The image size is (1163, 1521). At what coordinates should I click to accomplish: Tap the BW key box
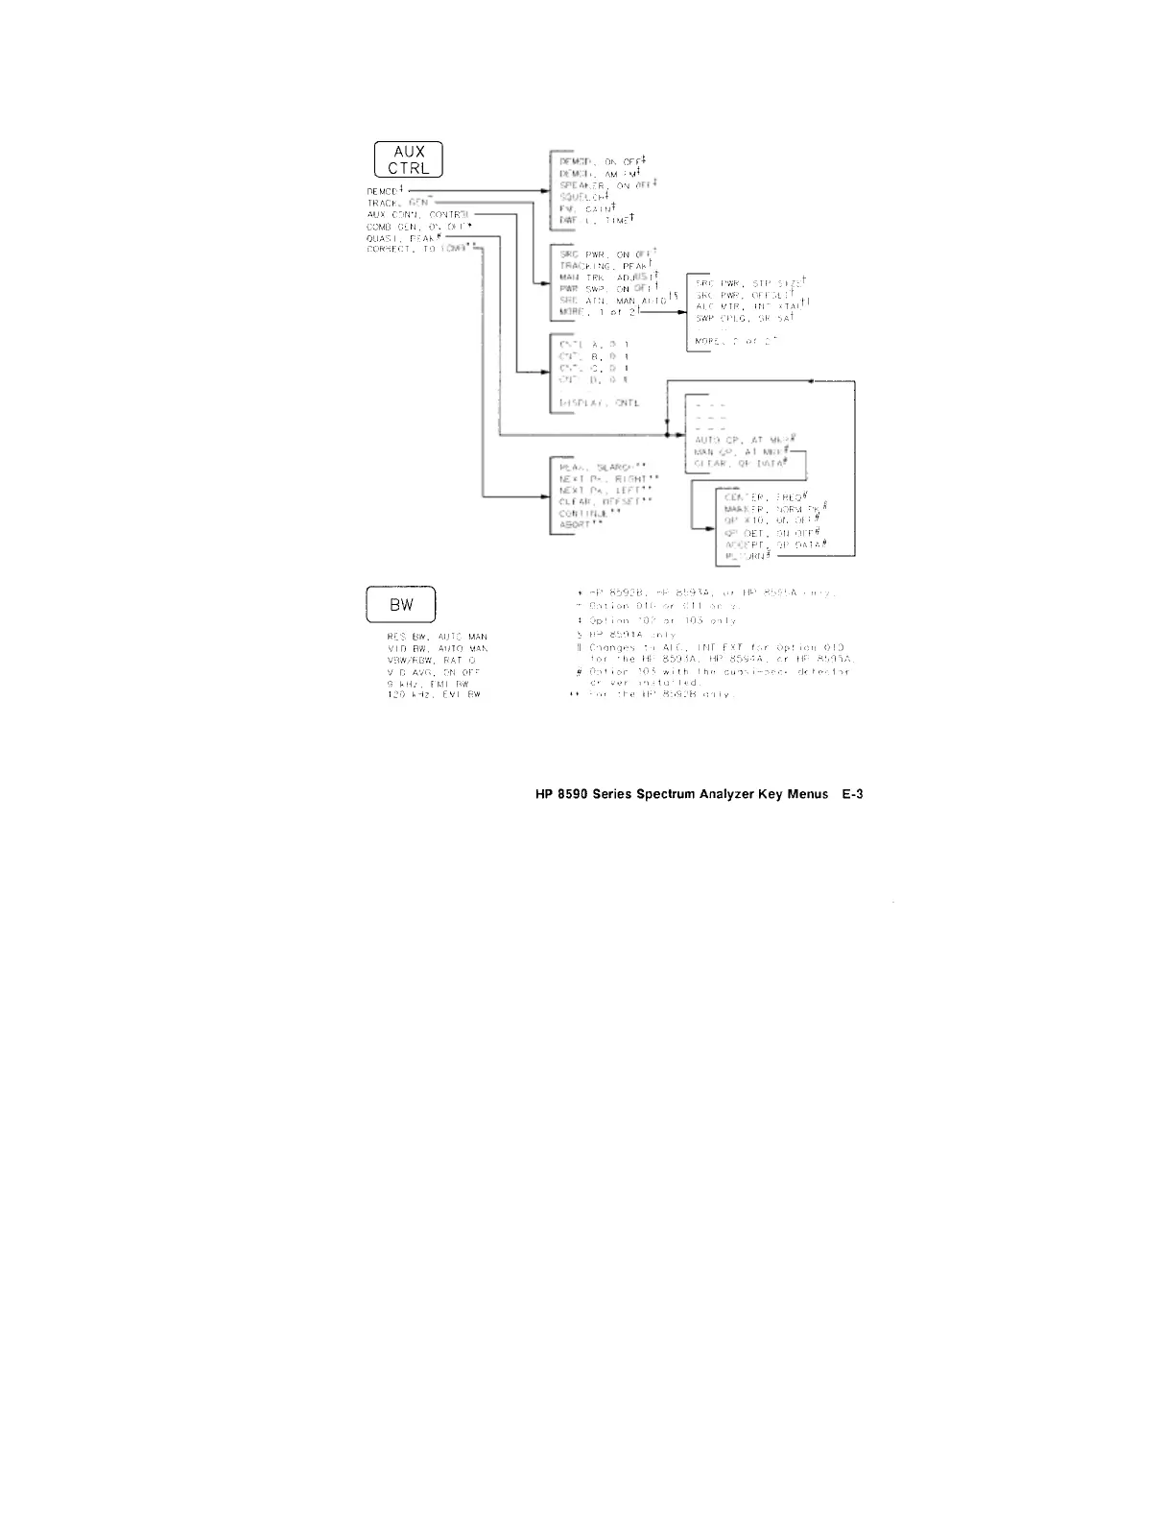tap(400, 606)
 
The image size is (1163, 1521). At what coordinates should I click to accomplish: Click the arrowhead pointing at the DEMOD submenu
tap(545, 191)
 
